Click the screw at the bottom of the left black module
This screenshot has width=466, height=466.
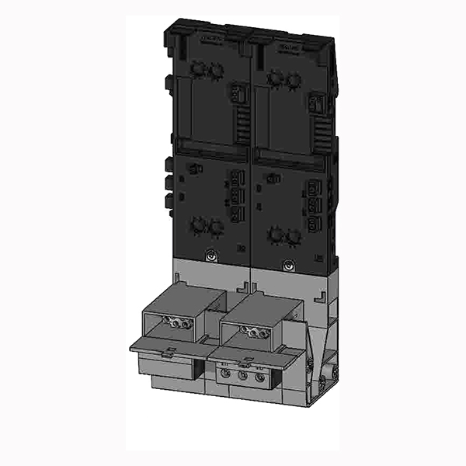tap(212, 254)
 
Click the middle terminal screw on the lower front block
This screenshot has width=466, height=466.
tap(244, 376)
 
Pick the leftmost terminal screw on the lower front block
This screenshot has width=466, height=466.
tap(227, 374)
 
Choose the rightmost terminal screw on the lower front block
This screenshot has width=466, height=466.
tap(261, 378)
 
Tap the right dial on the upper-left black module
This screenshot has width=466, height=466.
tap(217, 71)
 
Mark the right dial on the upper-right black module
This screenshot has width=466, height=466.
tap(293, 78)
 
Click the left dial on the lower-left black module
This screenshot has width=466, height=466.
tap(199, 224)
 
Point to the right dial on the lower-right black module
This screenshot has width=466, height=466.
tap(293, 235)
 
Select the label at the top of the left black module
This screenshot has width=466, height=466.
tap(210, 37)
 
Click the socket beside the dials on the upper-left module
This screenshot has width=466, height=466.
tap(234, 95)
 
